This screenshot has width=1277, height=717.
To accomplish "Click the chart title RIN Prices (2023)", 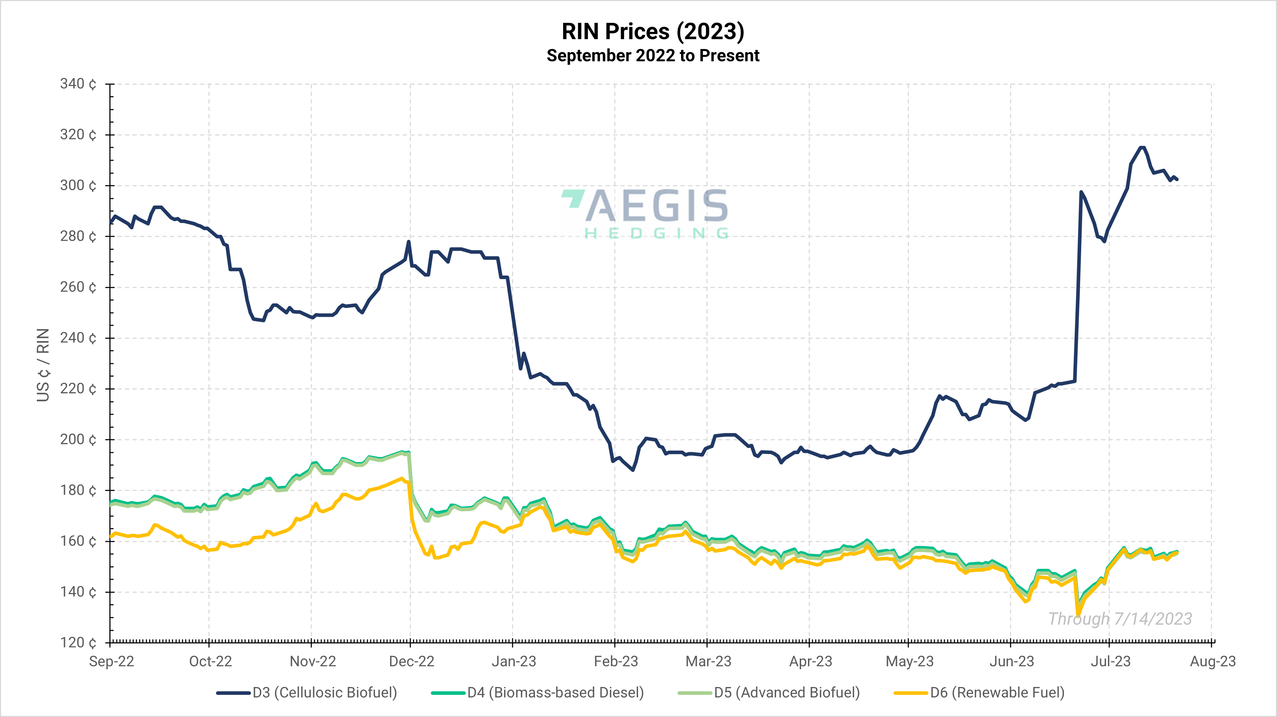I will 652,32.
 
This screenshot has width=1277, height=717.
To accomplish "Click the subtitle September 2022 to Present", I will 652,55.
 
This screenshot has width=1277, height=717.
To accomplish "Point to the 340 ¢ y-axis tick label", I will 78,84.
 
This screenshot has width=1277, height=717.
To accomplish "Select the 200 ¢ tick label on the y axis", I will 78,439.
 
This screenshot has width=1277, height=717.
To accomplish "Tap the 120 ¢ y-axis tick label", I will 78,643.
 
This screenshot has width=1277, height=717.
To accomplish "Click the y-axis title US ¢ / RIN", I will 43,365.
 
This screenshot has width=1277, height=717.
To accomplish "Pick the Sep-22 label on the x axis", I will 112,662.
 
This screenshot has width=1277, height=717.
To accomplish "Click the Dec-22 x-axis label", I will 411,662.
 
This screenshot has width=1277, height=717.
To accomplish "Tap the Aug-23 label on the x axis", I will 1213,662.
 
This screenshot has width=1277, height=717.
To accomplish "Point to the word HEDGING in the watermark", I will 656,233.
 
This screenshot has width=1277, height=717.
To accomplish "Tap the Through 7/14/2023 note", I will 1120,619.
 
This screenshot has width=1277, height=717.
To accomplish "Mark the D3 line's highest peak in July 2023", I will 1142,147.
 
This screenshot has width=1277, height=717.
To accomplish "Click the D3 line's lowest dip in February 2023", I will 633,470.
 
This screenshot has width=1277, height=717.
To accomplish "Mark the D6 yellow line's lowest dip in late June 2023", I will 1078,615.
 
